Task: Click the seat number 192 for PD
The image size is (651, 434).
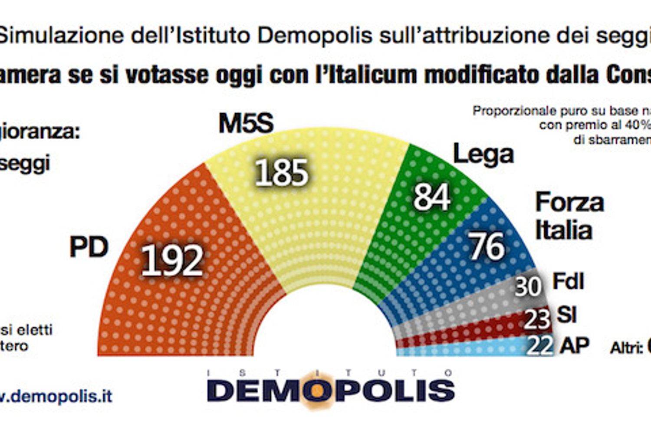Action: [x=172, y=260]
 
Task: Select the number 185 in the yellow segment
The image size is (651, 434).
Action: [x=281, y=173]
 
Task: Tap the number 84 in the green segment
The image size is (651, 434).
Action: [x=431, y=197]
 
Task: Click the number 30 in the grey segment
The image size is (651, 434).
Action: [x=528, y=286]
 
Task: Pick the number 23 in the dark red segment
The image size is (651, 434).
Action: [x=537, y=320]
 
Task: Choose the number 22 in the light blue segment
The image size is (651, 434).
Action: [x=540, y=346]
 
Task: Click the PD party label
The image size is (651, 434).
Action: [x=89, y=247]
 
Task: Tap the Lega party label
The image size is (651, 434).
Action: [x=483, y=155]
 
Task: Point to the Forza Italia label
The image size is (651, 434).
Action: [x=569, y=216]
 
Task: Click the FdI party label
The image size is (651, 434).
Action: [x=568, y=281]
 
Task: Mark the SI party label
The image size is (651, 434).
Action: [x=566, y=314]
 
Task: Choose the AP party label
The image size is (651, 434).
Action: [x=574, y=345]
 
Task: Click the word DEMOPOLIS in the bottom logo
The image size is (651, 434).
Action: [x=331, y=390]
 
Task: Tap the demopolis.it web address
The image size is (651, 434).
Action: [x=56, y=396]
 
